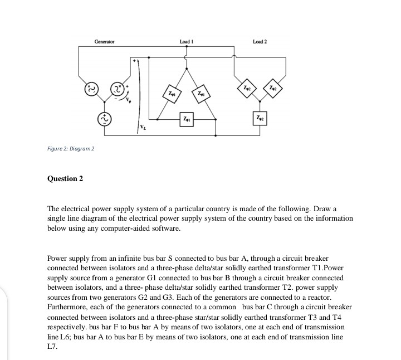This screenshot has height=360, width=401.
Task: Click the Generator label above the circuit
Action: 104,42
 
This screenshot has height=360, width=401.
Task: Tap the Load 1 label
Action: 186,42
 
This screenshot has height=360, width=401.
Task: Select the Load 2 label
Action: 260,42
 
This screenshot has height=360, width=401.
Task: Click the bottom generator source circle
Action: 104,119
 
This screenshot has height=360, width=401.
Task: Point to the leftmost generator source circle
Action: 89,89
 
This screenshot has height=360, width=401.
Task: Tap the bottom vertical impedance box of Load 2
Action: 260,119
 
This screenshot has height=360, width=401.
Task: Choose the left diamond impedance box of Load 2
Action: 246,88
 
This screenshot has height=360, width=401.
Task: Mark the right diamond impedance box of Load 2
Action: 274,88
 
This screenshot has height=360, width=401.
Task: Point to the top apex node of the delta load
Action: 186,66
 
